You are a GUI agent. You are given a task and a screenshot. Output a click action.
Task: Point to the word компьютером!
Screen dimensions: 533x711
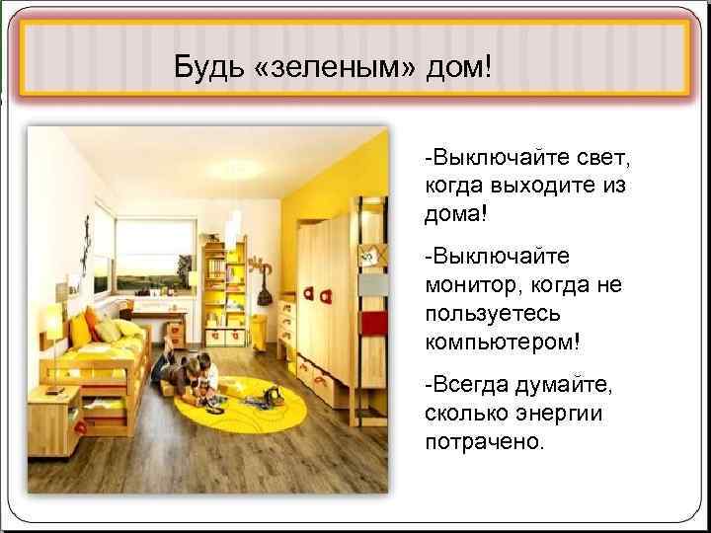pyautogui.click(x=503, y=342)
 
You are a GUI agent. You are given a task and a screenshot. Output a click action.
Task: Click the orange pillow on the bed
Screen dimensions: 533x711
pyautogui.click(x=92, y=322)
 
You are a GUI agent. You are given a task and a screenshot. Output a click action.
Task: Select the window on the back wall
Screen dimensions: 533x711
pyautogui.click(x=154, y=253)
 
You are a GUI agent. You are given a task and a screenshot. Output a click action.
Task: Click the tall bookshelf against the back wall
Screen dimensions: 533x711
pyautogui.click(x=222, y=286)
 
